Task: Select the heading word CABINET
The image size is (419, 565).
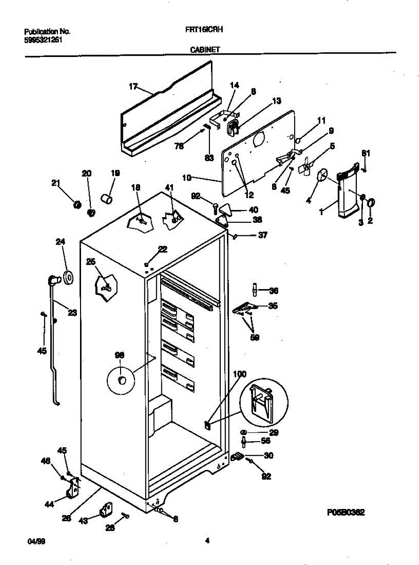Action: coord(205,49)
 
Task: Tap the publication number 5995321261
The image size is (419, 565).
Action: coord(43,40)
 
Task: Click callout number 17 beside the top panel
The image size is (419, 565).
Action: coord(133,86)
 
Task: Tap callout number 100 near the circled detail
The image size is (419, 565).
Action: coord(240,374)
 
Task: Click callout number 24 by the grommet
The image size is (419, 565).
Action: coord(60,242)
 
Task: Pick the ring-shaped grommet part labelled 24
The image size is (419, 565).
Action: coord(69,277)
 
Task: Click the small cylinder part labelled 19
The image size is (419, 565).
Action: coord(107,198)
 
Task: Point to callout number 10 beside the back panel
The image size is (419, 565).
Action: coord(187,178)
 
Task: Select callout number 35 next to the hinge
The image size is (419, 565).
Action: coord(273,306)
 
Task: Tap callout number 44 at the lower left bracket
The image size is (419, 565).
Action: coord(49,504)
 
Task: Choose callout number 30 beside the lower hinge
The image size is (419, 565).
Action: coord(268,455)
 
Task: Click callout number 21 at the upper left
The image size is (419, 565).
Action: coord(56,183)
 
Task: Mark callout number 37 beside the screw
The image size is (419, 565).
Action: coord(262,235)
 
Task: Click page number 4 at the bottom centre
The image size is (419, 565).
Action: coord(207,541)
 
